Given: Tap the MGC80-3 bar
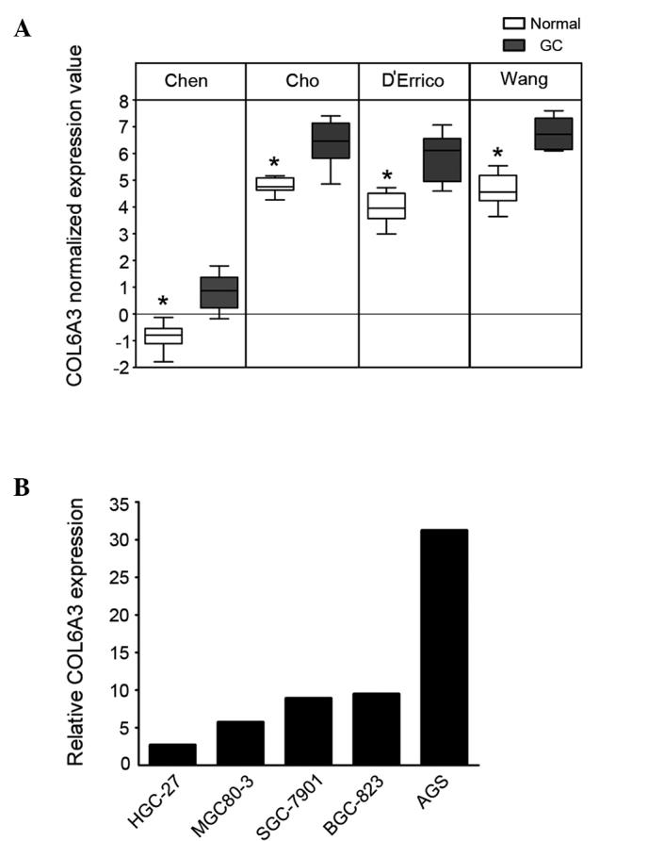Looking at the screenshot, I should click(x=240, y=743).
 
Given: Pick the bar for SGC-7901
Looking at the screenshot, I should click(x=307, y=731).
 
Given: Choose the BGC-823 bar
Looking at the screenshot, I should click(x=375, y=729).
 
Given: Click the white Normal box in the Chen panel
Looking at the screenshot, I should click(x=163, y=336).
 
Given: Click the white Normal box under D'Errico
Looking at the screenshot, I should click(x=386, y=206).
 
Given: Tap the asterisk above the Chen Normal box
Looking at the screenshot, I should click(x=163, y=302).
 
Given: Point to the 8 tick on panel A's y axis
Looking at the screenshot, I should click(x=123, y=100).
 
